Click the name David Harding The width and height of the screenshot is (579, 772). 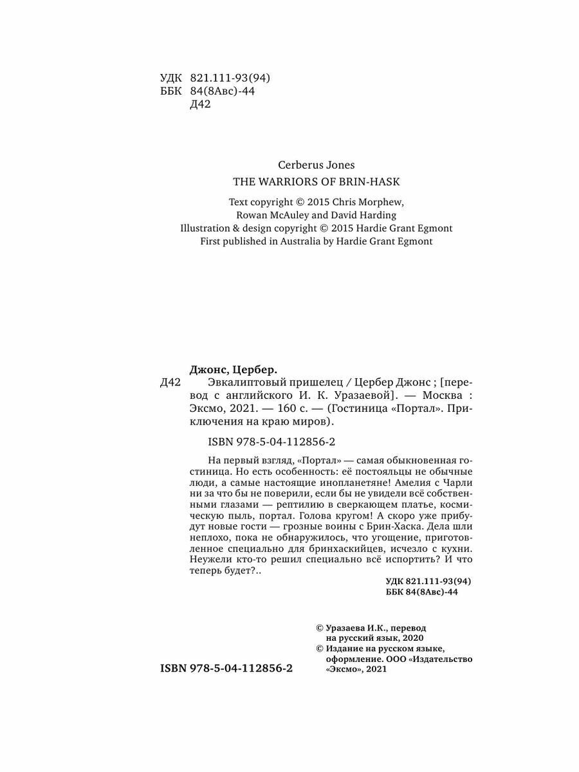[366, 215]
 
